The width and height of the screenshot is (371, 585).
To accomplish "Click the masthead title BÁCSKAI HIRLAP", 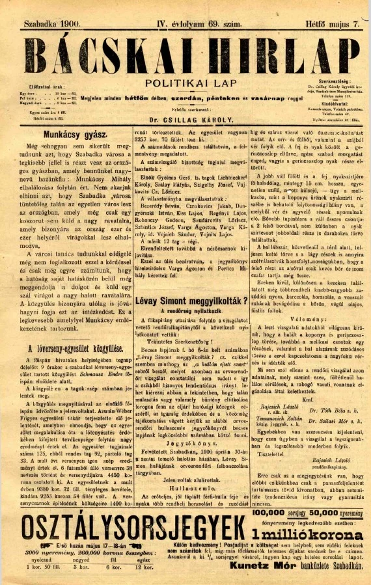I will pos(185,55).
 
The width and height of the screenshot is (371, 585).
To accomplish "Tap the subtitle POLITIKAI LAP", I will pos(185,83).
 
